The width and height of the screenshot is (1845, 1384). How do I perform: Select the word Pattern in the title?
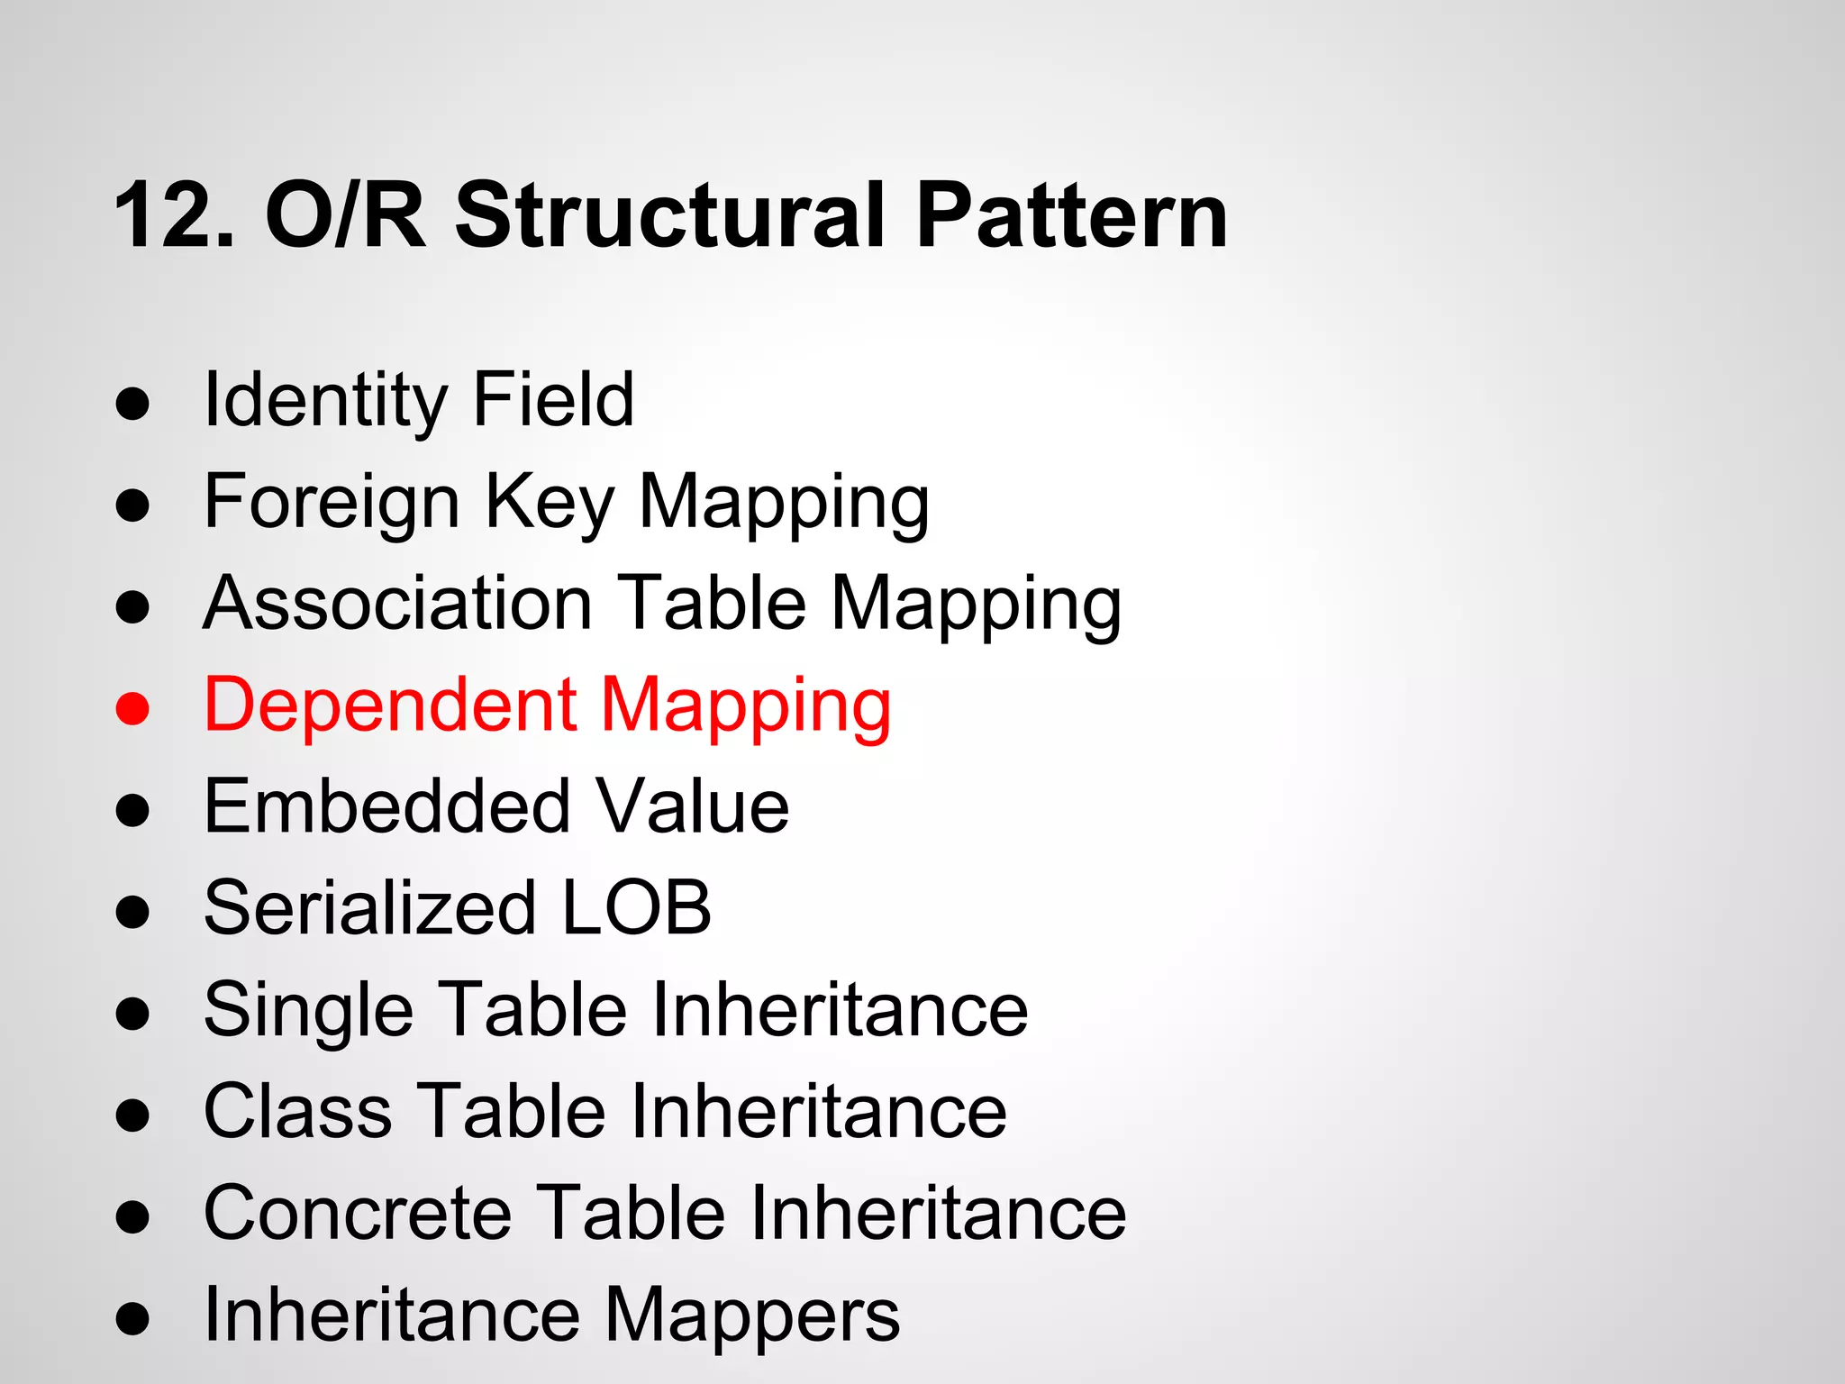pyautogui.click(x=1071, y=216)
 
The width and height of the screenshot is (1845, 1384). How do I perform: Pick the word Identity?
pyautogui.click(x=324, y=401)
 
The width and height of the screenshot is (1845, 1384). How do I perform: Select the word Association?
pyautogui.click(x=397, y=604)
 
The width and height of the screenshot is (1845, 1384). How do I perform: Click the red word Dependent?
pyautogui.click(x=390, y=705)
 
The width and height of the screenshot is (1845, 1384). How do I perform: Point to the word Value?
pyautogui.click(x=693, y=806)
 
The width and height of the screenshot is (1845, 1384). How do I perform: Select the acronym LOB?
pyautogui.click(x=636, y=907)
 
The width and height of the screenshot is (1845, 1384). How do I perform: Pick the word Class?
pyautogui.click(x=298, y=1111)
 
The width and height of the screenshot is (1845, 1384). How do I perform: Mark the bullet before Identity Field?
pyautogui.click(x=132, y=405)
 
